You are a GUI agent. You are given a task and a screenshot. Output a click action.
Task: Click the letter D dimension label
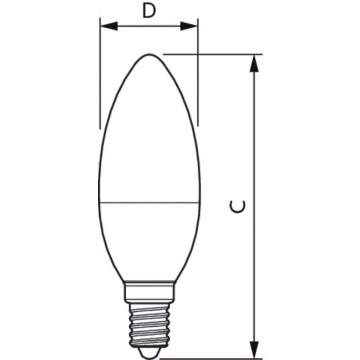pyautogui.click(x=148, y=11)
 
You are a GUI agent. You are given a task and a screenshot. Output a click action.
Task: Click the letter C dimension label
pyautogui.click(x=238, y=207)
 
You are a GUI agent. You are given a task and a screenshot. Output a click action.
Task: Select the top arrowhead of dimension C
pyautogui.click(x=254, y=63)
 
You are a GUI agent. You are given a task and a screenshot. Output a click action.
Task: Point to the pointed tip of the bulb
pyautogui.click(x=150, y=55)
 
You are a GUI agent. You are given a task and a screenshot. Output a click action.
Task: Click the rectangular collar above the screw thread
pyautogui.click(x=150, y=291)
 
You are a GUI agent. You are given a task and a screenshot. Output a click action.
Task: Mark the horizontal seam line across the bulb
pyautogui.click(x=150, y=202)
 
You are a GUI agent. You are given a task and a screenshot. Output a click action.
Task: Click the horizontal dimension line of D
pyautogui.click(x=148, y=26)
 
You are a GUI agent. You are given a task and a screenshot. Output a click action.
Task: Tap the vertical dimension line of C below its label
pyautogui.click(x=254, y=277)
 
